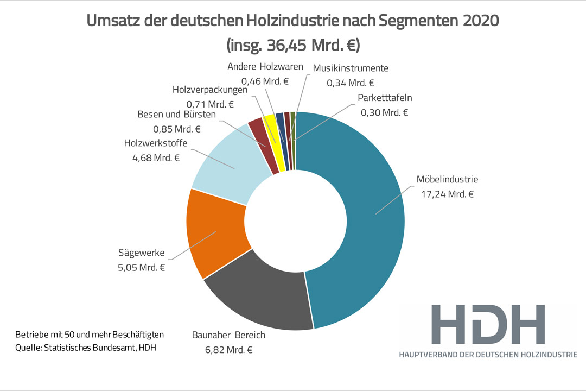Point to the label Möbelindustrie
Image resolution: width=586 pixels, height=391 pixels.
(x=447, y=180)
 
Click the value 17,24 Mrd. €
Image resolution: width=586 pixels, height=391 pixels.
(x=447, y=193)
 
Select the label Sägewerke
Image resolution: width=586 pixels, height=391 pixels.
(x=141, y=253)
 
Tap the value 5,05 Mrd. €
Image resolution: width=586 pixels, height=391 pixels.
(x=141, y=267)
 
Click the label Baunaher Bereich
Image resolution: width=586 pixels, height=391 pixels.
(x=228, y=335)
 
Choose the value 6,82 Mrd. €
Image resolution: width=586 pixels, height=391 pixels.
(x=228, y=349)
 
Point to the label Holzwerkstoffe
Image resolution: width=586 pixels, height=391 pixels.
(x=156, y=143)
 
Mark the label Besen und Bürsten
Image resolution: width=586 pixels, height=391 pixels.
(x=176, y=115)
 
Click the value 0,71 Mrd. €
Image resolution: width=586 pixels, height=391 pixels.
(x=209, y=104)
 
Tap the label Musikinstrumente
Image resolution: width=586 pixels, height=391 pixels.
(x=351, y=69)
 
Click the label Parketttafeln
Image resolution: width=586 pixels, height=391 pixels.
(x=385, y=98)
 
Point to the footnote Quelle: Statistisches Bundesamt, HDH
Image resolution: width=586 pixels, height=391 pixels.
(x=86, y=348)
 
